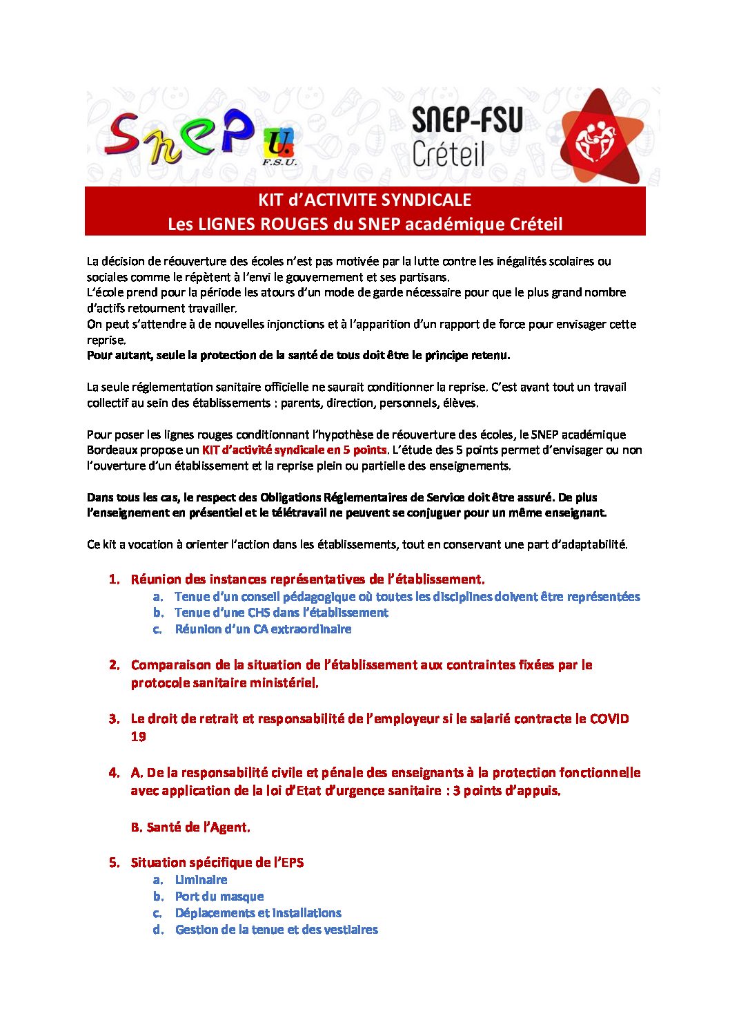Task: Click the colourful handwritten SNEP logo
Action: point(179,136)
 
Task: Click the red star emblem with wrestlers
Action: point(598,137)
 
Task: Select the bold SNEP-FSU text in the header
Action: point(467,119)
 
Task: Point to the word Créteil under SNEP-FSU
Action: point(448,153)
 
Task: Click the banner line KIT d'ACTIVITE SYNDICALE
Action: point(364,200)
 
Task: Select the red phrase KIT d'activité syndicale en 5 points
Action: point(294,450)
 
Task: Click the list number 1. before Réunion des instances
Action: point(115,580)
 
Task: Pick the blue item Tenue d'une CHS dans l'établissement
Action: point(281,613)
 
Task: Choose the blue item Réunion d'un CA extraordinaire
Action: point(263,629)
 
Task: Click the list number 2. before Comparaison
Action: point(115,665)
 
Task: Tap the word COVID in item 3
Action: point(609,719)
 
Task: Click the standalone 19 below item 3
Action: point(139,737)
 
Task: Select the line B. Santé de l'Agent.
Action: point(190,827)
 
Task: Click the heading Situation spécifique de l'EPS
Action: point(217,863)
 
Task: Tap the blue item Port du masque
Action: point(219,897)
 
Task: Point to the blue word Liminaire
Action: point(201,880)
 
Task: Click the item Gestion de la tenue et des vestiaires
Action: point(276,930)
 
